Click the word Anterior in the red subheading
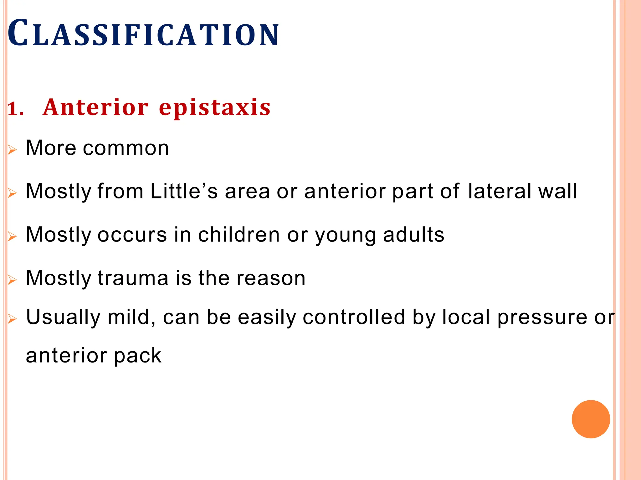click(x=95, y=107)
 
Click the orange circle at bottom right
click(x=591, y=419)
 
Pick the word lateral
click(x=499, y=191)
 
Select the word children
click(x=239, y=235)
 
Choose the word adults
click(x=413, y=235)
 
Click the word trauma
click(x=133, y=278)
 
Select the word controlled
click(x=354, y=317)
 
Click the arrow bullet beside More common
click(x=12, y=150)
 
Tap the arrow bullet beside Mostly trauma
click(x=12, y=280)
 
